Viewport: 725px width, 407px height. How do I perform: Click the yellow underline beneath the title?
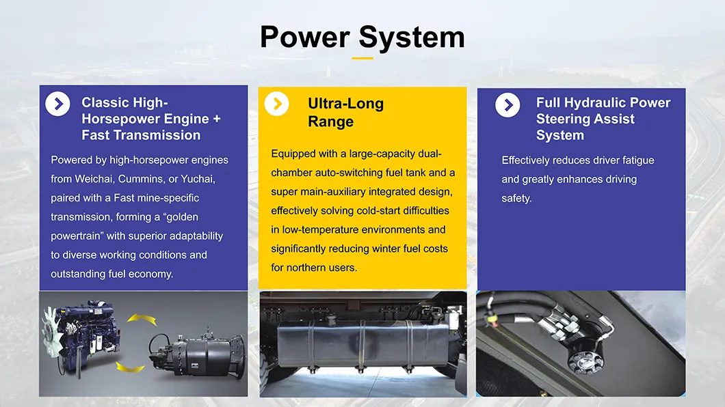[362, 58]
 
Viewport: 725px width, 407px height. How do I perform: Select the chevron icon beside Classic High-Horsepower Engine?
[57, 104]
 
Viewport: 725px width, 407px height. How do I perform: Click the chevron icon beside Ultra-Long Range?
[276, 104]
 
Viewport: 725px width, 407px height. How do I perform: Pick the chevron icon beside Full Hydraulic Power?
[507, 105]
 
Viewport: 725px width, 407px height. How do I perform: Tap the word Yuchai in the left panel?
[199, 179]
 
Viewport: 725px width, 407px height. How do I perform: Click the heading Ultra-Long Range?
[345, 113]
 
